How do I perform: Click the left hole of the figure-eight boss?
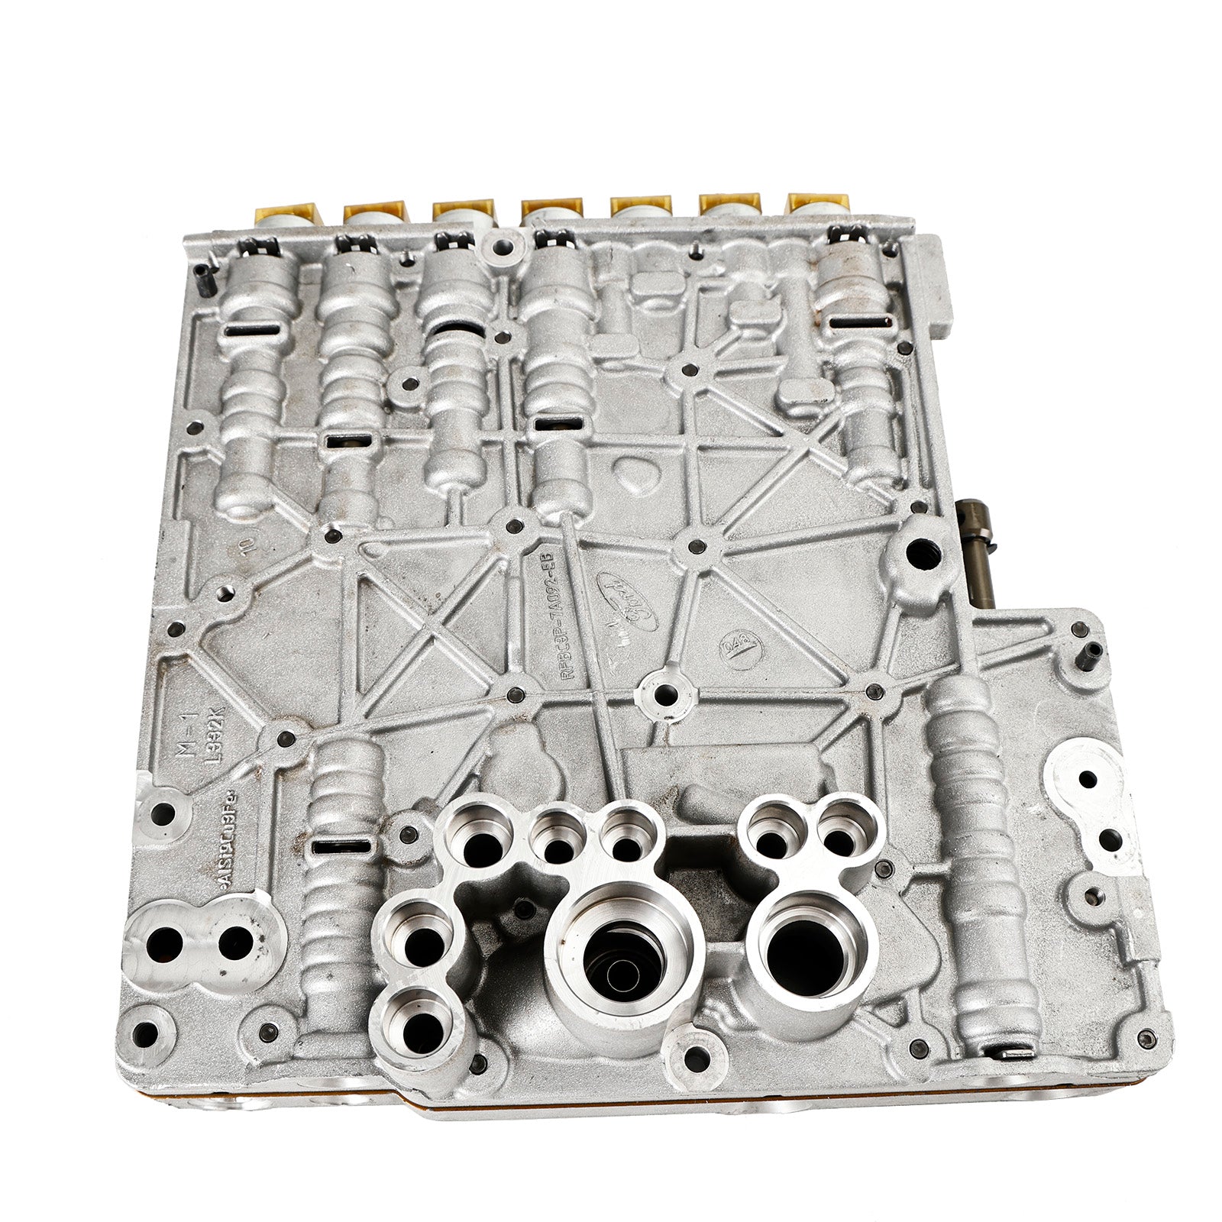coord(166,945)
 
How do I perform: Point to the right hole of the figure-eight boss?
coord(235,942)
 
